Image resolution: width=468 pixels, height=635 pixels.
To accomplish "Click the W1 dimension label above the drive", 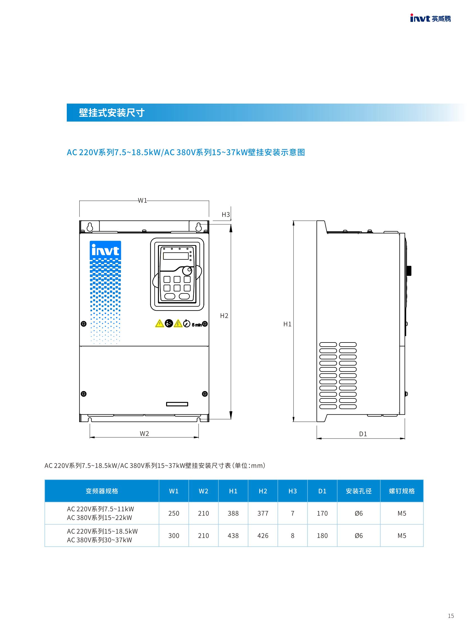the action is coord(143,200).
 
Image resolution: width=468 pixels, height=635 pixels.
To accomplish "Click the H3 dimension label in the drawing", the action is coord(226,214).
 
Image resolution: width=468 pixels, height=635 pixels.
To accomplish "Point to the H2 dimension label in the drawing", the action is coord(224,316).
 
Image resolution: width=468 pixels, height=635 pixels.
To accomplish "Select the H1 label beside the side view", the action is coord(287,324).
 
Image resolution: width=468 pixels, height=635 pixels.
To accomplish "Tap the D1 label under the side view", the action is coord(363,434).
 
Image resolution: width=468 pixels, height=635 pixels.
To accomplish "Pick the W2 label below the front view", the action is coord(144,433).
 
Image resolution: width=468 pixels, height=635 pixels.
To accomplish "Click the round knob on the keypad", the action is coord(187,271).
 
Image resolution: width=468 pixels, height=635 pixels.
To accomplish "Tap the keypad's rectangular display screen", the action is coord(176,256).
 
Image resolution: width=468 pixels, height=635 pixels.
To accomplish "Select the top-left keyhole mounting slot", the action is coord(90,227).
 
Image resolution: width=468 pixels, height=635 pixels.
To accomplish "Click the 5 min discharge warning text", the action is coord(197,325).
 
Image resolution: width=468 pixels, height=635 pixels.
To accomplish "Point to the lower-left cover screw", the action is coord(84,394).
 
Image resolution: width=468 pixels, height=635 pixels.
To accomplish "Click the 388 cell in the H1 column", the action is coord(233,513).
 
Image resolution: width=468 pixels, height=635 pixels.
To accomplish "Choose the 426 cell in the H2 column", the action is coord(263,536).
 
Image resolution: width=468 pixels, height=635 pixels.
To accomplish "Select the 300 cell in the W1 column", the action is coord(174,536).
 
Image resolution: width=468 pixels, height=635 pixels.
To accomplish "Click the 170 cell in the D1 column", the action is coord(322,513).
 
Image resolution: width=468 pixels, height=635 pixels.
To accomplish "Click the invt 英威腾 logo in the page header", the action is coord(430,19).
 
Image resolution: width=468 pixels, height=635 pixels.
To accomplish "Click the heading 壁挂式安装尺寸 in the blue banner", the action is coord(112,113).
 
